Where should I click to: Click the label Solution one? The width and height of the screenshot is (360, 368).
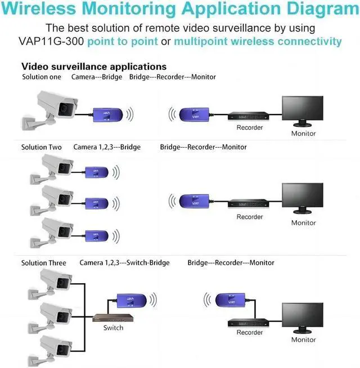tap(42, 77)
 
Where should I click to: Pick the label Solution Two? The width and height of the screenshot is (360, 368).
tap(42, 147)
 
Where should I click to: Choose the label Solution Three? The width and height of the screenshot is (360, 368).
tap(44, 262)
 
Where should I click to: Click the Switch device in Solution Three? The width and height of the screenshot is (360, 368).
tap(113, 318)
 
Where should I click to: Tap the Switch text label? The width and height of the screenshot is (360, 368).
tap(113, 328)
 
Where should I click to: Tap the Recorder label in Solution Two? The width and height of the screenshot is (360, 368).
tap(249, 217)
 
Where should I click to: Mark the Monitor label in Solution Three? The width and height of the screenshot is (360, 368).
tap(303, 339)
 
